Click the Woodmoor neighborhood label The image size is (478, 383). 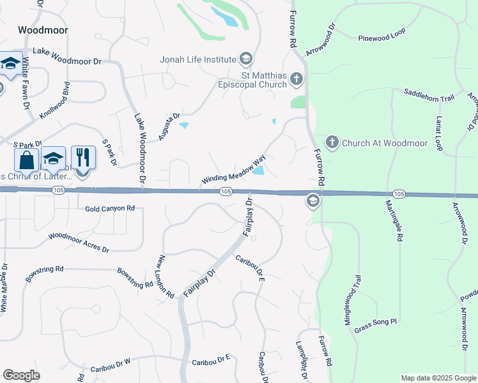43,30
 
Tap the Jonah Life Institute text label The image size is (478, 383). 198,60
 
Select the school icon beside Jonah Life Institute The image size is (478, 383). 245,60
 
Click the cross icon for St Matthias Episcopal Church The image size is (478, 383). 296,79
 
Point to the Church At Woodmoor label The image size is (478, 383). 385,142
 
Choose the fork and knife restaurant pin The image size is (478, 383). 83,157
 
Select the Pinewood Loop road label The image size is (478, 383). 382,34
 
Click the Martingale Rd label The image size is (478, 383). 394,220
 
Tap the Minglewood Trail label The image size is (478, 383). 353,298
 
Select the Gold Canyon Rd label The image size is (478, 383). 110,209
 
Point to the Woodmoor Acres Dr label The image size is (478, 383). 78,241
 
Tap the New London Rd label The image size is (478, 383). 166,278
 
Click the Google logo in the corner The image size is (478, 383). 22,375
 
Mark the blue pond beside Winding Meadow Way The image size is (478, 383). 258,170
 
